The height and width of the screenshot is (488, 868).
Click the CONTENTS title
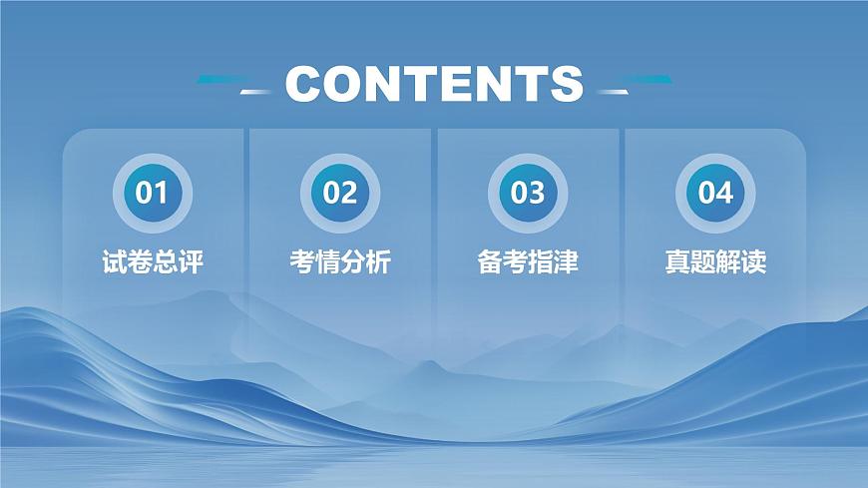point(434,84)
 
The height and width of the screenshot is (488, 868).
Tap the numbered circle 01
point(153,192)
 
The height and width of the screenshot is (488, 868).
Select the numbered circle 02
point(340,192)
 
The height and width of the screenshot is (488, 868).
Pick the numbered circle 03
point(528,192)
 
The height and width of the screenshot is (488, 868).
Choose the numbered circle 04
point(715,192)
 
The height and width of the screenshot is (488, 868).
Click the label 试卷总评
point(153,262)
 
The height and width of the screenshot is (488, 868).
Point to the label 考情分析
point(340,262)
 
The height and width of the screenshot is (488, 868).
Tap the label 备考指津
point(528,262)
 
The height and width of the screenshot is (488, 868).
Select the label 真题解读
point(715,262)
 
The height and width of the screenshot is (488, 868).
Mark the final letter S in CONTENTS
point(565,84)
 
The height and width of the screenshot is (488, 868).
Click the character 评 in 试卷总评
point(191,262)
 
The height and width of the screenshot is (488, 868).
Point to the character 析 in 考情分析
point(378,262)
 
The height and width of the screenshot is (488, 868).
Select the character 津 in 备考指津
point(566,262)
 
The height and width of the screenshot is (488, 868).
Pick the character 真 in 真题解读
point(677,262)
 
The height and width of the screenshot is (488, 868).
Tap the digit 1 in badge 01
point(162,192)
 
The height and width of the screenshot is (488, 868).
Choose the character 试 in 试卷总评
point(115,262)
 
